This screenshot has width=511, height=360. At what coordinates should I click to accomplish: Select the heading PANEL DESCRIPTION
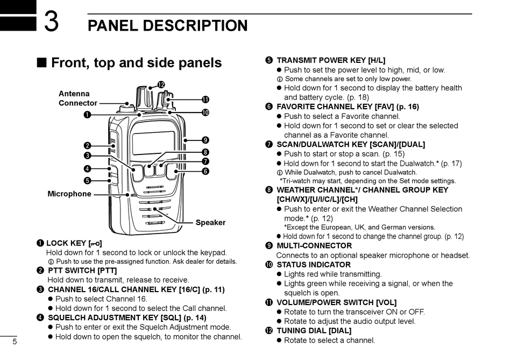point(167,26)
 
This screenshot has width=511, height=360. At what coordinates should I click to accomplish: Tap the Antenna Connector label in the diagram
point(77,98)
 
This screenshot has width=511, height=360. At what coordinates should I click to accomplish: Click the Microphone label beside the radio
point(69,194)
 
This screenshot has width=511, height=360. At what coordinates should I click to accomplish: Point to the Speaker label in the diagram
point(210,223)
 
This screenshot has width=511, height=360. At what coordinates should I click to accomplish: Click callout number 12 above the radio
point(161,84)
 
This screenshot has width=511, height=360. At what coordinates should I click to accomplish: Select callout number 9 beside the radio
point(205,140)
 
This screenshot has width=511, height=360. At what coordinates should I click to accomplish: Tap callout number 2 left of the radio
point(87,145)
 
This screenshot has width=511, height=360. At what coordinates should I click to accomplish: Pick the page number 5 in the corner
point(15,342)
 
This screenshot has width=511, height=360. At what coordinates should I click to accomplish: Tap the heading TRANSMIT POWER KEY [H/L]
point(330,60)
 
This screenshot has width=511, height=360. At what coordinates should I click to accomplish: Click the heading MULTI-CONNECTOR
point(314,246)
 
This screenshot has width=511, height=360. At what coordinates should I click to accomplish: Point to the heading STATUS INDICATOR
point(313,265)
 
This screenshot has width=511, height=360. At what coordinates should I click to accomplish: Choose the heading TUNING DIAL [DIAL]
point(314,330)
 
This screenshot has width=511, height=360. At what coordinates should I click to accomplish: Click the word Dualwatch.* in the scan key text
point(417,164)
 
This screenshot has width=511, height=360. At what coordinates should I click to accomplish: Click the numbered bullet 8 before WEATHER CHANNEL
point(269,190)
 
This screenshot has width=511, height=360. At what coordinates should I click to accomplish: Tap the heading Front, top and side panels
point(136,63)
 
